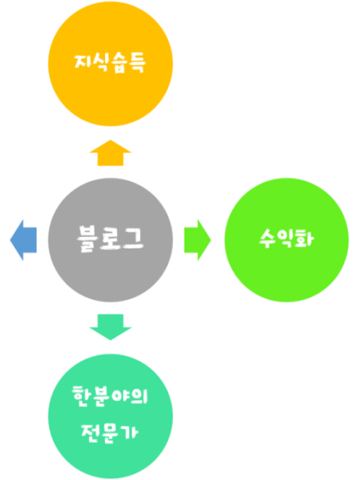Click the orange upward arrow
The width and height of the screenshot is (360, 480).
[x=110, y=153]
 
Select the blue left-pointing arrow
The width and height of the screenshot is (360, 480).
[x=23, y=240]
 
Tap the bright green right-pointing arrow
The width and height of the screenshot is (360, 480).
[x=197, y=240]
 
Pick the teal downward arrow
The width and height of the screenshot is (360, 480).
[x=110, y=327]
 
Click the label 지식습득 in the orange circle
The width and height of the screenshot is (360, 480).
[x=110, y=63]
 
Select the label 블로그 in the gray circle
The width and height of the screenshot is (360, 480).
[x=110, y=239]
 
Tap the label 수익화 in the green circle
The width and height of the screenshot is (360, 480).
[x=286, y=238]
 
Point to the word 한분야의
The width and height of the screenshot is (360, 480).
[x=110, y=396]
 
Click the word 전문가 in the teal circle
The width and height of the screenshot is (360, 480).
[x=109, y=432]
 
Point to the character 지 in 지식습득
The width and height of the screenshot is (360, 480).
[x=82, y=62]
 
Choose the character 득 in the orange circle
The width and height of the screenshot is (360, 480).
[x=137, y=63]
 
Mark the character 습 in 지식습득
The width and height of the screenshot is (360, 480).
[x=118, y=63]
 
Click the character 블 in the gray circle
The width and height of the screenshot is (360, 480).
[x=87, y=239]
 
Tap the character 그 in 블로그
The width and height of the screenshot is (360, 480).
[x=133, y=237]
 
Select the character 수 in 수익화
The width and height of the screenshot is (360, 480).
[x=267, y=238]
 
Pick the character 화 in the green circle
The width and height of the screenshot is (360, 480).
[x=305, y=238]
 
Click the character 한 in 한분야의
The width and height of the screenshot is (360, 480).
[x=82, y=396]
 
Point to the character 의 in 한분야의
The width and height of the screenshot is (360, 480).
[x=139, y=396]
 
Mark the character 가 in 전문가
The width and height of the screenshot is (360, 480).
[x=129, y=431]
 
